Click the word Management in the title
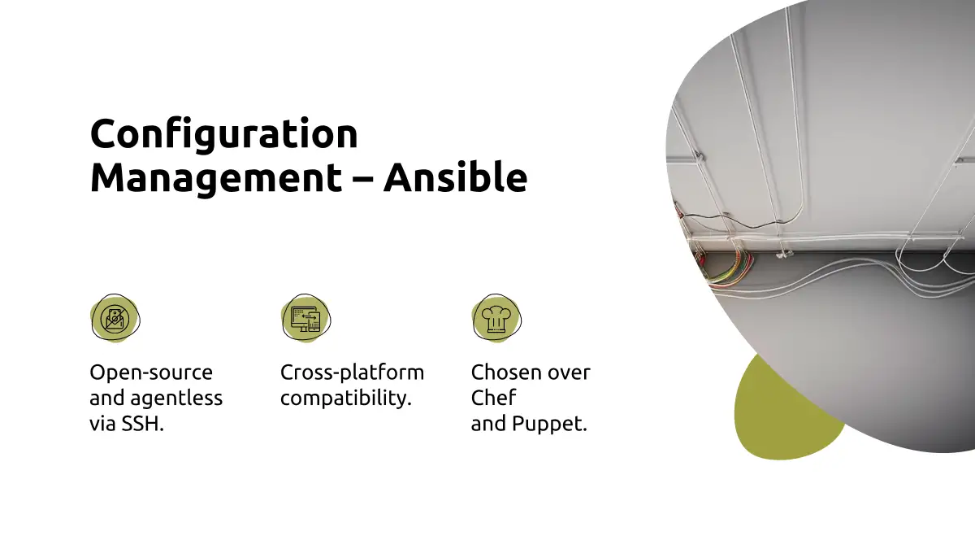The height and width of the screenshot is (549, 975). (216, 179)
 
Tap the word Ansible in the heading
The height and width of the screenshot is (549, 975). (455, 176)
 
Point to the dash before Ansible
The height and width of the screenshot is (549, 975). (362, 179)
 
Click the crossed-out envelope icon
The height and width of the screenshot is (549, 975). (115, 319)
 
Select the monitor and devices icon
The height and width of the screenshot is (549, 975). (305, 319)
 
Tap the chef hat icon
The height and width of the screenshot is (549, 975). (496, 318)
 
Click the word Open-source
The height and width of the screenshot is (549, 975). (151, 373)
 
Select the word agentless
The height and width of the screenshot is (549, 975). (176, 398)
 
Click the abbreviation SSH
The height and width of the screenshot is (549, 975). (142, 424)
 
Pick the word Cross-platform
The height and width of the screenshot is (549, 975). (352, 373)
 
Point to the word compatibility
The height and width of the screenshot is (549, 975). (346, 399)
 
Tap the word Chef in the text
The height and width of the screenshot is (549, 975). (494, 398)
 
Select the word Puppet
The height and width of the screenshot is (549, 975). (550, 424)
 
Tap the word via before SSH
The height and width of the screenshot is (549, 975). (102, 424)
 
